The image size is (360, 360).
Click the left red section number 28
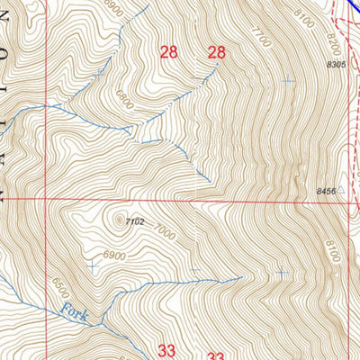tap(168, 52)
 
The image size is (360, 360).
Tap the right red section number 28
tap(216, 52)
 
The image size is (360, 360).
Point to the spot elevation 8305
tap(336, 65)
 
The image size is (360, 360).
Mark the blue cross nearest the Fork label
tap(93, 265)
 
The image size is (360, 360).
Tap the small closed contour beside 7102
tap(118, 216)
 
